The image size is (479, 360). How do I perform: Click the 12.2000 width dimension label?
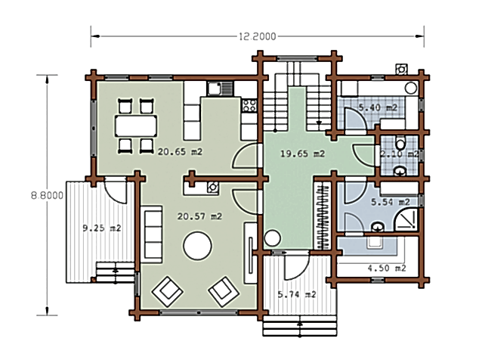coord(257,37)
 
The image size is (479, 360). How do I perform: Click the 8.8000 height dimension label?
coord(47,195)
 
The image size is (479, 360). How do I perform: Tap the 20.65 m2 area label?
coord(180,152)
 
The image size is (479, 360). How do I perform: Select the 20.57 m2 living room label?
coord(199,216)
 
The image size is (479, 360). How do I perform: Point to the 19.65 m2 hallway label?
coord(302,154)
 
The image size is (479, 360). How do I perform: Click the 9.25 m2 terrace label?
coord(102,228)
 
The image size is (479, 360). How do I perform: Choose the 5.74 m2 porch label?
coord(297,294)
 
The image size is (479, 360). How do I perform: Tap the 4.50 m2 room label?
coord(387,268)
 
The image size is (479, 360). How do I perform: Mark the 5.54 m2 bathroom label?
coord(390,202)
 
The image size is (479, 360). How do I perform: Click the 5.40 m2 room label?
coord(378,107)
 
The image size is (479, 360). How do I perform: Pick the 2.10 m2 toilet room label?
coord(400,154)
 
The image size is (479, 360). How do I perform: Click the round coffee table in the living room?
coord(198,246)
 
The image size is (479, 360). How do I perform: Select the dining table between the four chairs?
coord(136,126)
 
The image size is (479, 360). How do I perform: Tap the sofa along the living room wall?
coord(151,234)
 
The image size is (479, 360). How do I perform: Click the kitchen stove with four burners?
coord(249,105)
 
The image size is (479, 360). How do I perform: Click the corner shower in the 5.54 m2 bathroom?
coord(406,220)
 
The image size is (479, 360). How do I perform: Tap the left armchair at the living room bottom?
coord(168,291)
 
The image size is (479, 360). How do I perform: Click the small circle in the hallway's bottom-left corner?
coord(272,238)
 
